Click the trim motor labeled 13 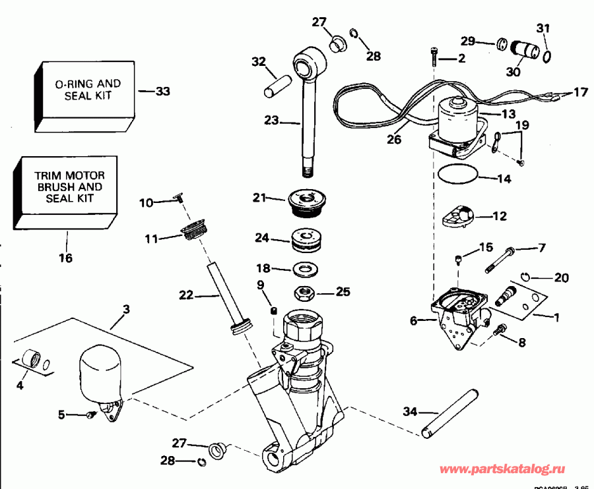click(457, 121)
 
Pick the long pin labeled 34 click(449, 413)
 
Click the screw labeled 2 click(434, 56)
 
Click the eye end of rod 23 click(308, 67)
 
